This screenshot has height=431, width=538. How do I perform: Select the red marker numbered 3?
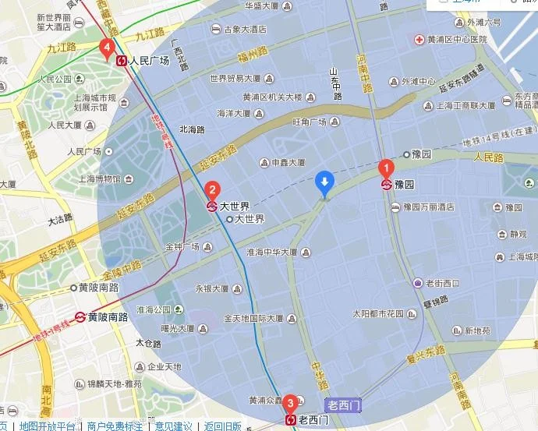pyautogui.click(x=290, y=403)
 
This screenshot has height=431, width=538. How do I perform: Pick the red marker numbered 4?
pyautogui.click(x=108, y=49)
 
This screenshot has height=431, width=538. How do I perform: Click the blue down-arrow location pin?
pyautogui.click(x=325, y=184)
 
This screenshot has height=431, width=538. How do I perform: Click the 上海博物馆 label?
pyautogui.click(x=100, y=178)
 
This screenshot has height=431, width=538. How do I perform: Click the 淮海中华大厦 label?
pyautogui.click(x=272, y=253)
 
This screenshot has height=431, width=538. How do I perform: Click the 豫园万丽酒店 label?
pyautogui.click(x=429, y=207)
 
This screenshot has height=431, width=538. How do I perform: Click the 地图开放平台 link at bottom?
pyautogui.click(x=48, y=426)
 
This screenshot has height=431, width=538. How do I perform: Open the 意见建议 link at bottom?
pyautogui.click(x=173, y=426)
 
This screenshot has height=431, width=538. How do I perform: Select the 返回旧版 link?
pyautogui.click(x=223, y=426)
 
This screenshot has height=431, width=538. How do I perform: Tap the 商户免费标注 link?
pyautogui.click(x=115, y=426)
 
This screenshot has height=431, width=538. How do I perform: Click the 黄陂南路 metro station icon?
pyautogui.click(x=80, y=317)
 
